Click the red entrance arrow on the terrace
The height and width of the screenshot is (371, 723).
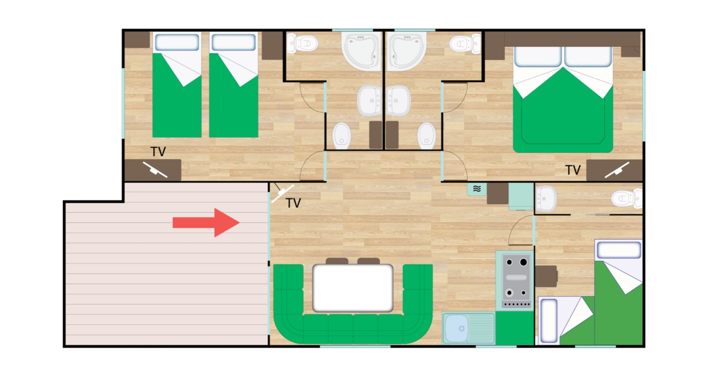[x=206, y=223]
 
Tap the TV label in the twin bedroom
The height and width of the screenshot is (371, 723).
[x=158, y=152]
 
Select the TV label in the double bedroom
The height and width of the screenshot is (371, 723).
[x=573, y=170]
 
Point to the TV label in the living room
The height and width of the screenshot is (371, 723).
[x=293, y=203]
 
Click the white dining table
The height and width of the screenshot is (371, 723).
[x=353, y=288]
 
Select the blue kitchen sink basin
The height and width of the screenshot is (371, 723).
[x=456, y=328]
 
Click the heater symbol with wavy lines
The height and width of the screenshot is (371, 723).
[x=477, y=189]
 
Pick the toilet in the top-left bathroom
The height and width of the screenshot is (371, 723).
[x=303, y=43]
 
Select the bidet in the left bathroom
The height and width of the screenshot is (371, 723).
[x=342, y=135]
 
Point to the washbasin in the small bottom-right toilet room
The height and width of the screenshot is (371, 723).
[x=546, y=198]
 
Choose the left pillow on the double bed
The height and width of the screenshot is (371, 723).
[x=538, y=57]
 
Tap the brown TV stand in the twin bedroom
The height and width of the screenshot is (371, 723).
[x=153, y=170]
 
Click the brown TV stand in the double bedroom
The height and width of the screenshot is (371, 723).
[x=614, y=170]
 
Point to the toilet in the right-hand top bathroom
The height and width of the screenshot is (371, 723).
[x=465, y=43]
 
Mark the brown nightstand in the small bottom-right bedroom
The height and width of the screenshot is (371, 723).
[x=546, y=276]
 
